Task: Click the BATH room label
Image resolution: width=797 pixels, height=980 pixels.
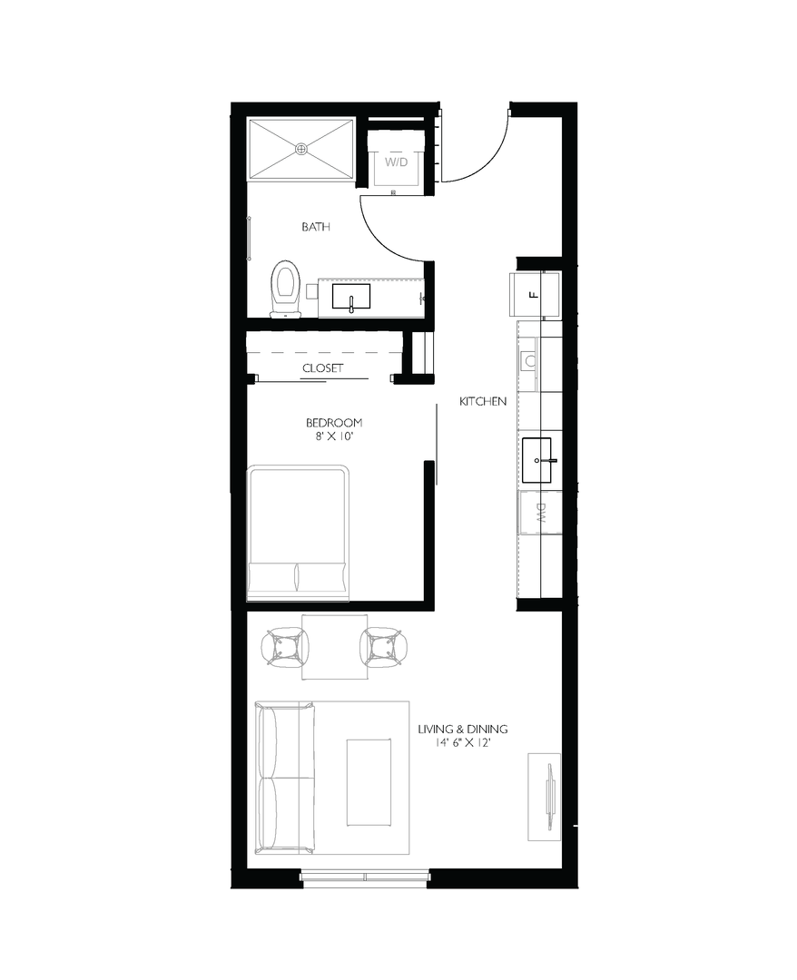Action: click(315, 227)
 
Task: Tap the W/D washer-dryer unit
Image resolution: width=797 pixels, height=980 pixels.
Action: click(395, 162)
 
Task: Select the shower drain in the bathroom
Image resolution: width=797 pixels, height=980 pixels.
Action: click(301, 148)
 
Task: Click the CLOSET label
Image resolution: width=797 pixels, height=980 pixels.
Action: click(322, 367)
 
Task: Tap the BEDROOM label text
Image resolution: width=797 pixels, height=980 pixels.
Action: click(334, 422)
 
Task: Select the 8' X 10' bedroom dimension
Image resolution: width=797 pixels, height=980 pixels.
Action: click(334, 436)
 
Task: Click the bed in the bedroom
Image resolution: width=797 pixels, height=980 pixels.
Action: click(298, 533)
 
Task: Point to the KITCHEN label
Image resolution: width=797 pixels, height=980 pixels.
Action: click(482, 401)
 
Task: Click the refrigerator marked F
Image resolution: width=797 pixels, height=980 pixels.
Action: click(536, 293)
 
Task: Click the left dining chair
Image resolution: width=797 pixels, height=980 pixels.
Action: click(284, 647)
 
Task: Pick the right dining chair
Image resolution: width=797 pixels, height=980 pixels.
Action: click(382, 647)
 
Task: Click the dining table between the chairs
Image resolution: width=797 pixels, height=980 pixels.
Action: click(333, 646)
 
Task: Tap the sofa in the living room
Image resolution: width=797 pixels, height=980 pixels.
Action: click(284, 777)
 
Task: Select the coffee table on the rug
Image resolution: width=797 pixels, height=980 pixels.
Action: click(369, 781)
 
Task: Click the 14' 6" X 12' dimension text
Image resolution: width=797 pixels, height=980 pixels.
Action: click(462, 743)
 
